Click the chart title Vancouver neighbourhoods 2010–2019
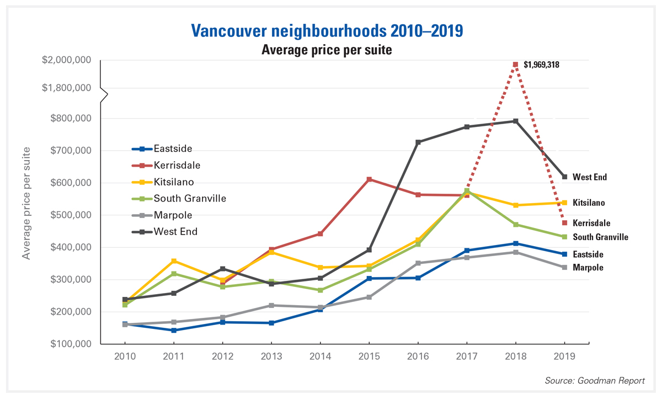click(x=327, y=30)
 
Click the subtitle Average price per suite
click(x=327, y=50)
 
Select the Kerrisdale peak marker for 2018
click(x=515, y=65)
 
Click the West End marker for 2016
click(x=418, y=142)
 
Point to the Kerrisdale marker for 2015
click(x=370, y=179)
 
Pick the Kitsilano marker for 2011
click(x=174, y=261)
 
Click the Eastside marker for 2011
click(x=174, y=331)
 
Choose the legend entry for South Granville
click(x=190, y=198)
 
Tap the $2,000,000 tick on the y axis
click(x=67, y=60)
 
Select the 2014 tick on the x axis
click(x=321, y=357)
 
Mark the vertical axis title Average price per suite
click(x=26, y=203)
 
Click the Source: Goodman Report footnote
click(x=594, y=381)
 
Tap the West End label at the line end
click(x=589, y=177)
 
